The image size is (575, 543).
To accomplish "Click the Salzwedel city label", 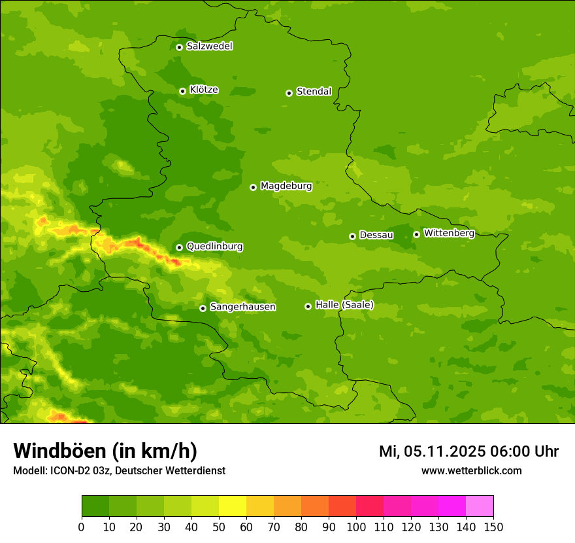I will coord(209,46).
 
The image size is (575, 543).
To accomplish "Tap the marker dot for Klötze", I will coord(182,91).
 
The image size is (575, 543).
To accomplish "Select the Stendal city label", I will coord(314,92).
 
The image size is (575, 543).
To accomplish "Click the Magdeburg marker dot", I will coord(253,187).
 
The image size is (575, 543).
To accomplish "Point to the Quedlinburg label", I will coord(214,247).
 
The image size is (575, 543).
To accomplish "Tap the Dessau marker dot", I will coord(352,236).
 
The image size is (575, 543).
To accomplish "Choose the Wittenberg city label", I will coord(448,233).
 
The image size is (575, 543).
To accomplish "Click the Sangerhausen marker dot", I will coord(203,308).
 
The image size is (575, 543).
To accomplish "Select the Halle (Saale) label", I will coord(344,305).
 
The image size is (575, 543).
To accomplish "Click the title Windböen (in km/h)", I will coord(105,451).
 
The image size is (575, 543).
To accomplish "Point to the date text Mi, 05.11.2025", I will coord(431,451).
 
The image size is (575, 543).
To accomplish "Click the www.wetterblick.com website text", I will coord(471,471).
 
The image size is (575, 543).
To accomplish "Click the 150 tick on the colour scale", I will coord(493,527).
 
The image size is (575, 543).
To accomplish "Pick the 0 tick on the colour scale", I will coord(82,527).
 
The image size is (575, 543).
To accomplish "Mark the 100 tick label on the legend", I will coord(356,527).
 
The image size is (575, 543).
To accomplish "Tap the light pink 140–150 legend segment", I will coord(480,506).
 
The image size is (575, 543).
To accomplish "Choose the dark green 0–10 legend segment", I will coord(95,506).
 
